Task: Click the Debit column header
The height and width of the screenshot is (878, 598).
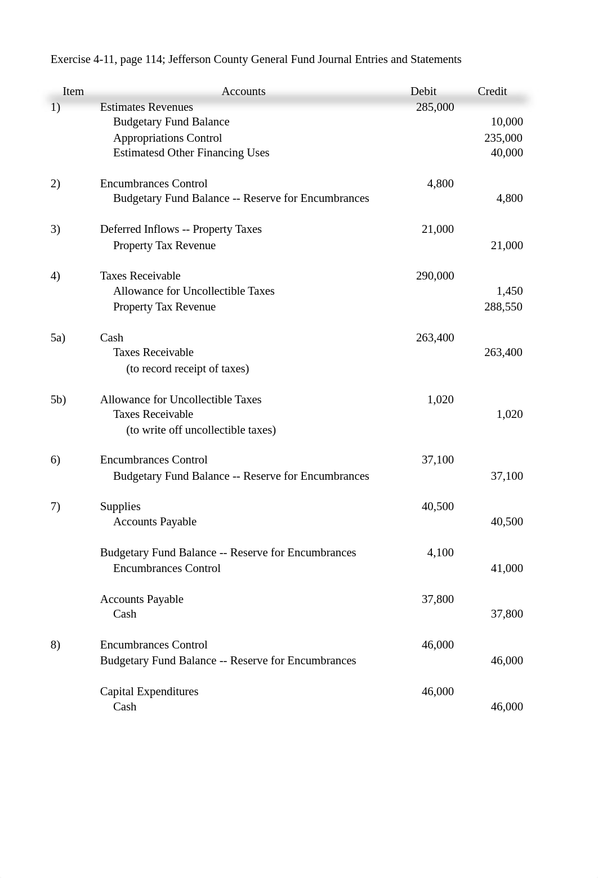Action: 423,91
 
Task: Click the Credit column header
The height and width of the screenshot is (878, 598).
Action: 492,91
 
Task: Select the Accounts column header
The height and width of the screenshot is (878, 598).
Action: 243,91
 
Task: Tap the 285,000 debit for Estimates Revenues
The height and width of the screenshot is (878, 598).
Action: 435,107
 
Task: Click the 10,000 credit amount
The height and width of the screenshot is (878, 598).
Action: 506,121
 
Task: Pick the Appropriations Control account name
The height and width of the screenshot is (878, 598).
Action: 167,138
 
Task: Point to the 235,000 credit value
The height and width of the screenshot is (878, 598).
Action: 503,138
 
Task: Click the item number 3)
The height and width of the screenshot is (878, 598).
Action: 55,229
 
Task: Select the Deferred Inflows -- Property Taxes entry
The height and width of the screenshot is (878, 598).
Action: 181,229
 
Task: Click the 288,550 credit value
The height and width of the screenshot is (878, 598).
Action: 503,307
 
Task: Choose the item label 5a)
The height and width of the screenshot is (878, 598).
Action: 58,337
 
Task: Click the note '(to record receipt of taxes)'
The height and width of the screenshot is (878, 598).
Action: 188,368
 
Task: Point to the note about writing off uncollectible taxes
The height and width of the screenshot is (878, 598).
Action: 201,430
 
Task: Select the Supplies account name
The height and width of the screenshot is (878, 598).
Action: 120,506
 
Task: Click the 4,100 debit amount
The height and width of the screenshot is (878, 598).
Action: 440,552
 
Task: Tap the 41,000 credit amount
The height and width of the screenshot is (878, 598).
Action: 506,568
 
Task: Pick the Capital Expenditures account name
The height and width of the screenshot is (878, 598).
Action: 149,691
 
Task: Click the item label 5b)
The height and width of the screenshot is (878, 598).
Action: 58,399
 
